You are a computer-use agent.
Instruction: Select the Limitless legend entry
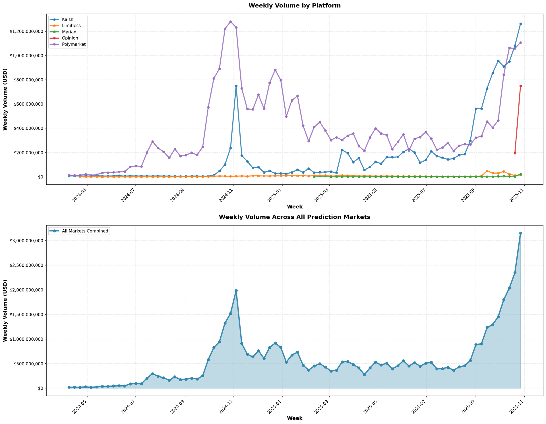pos(68,26)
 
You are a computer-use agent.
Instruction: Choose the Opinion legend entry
pos(68,38)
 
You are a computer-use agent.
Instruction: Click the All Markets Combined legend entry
pos(85,231)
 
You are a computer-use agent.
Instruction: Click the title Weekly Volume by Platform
pos(294,6)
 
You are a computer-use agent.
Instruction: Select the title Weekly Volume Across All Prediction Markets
pos(294,217)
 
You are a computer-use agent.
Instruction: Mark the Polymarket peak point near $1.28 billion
pos(231,22)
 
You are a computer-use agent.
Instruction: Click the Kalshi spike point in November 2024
pos(236,86)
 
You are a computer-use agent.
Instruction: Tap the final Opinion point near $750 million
pos(520,86)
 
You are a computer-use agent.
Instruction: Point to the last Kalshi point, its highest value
pos(520,24)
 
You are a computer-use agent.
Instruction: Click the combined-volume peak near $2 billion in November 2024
pos(236,291)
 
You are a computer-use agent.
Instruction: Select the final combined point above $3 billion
pos(520,233)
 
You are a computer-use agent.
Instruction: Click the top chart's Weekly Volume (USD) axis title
pos(5,99)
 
